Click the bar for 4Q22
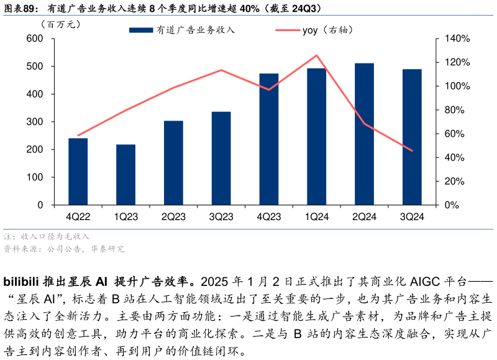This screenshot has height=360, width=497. (x=78, y=172)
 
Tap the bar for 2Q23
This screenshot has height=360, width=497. (x=173, y=163)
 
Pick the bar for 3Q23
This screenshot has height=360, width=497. (x=221, y=159)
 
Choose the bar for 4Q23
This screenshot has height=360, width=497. (x=269, y=139)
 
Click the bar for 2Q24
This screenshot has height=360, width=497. (x=364, y=134)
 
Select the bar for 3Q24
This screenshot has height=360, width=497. (x=412, y=137)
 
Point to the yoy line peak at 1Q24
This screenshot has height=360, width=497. (x=317, y=55)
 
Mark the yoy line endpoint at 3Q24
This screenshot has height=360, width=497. (x=412, y=150)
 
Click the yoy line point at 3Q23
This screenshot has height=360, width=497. (x=221, y=70)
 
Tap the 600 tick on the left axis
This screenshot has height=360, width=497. (x=35, y=39)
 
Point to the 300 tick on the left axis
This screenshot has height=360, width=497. (x=35, y=122)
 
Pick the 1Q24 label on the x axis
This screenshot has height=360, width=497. (x=317, y=216)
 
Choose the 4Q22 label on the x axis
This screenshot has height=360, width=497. (x=78, y=216)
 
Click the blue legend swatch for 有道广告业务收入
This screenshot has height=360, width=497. (x=140, y=30)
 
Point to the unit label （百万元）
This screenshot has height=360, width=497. (x=60, y=25)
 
